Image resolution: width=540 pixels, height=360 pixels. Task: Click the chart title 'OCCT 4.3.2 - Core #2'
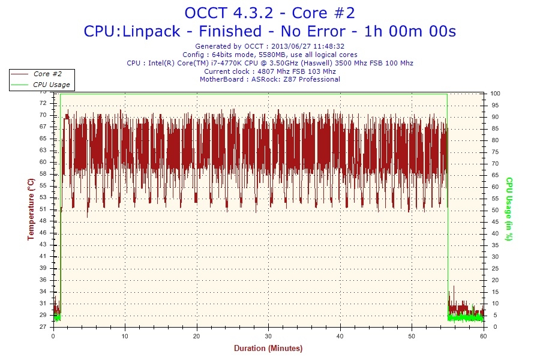(269, 13)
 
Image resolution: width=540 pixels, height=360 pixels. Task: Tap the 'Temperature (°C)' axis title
(31, 209)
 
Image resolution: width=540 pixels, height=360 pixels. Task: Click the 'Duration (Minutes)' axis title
(268, 349)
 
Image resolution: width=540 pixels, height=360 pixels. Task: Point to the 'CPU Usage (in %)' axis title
(509, 209)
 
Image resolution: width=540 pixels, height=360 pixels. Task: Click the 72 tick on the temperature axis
(43, 103)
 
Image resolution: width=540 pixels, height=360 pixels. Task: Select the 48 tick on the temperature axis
(43, 221)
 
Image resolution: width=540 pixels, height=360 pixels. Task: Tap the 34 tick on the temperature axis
(43, 292)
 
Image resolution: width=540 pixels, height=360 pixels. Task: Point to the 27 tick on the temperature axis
(43, 327)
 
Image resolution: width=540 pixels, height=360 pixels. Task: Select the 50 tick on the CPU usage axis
(494, 210)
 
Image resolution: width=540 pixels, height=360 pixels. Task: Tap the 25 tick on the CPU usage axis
(494, 268)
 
